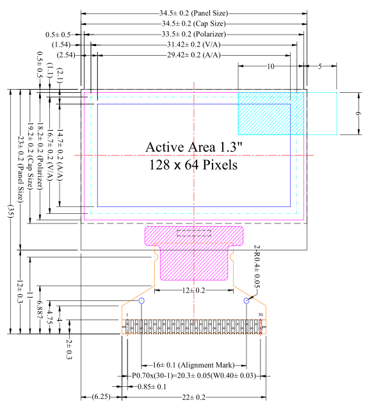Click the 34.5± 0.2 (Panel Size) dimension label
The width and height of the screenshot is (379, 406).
coord(193,13)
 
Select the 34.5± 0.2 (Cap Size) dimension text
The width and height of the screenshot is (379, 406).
coord(194,24)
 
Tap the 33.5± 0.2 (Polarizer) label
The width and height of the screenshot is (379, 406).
coord(194,34)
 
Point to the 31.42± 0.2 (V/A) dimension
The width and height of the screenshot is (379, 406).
coord(193,45)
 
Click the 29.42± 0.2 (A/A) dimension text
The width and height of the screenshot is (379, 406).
coord(193,55)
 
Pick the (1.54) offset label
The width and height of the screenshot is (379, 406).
coord(61,45)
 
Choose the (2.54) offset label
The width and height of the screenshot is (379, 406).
coord(66,55)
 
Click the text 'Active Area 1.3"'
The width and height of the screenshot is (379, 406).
coord(193,147)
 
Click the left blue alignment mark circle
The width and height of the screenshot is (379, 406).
coord(141,300)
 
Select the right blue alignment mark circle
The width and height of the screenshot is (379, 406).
coord(246,300)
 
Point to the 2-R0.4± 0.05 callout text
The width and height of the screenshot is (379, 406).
coord(257,266)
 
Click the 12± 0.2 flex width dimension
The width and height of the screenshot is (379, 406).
coord(193,291)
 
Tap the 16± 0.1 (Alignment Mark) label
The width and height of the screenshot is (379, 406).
coord(193,365)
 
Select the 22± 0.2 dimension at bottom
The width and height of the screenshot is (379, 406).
coord(193,397)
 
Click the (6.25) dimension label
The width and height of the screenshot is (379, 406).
coord(101,396)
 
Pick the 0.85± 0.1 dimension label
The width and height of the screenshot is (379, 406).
coord(152,387)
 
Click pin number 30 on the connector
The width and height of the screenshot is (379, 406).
coord(261,315)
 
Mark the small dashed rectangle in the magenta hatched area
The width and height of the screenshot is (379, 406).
coord(194,233)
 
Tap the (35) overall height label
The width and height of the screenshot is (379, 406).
coord(11,211)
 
